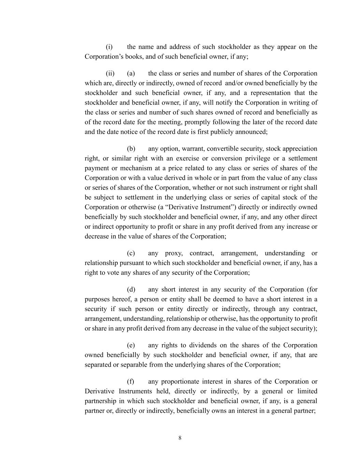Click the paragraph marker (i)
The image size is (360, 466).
tap(109, 47)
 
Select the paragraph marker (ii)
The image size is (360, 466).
tap(110, 73)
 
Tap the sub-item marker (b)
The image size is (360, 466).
tap(131, 149)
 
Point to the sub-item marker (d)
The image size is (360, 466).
tap(131, 290)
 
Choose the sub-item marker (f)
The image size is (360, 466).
tap(130, 381)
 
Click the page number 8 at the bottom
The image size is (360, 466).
tap(180, 438)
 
